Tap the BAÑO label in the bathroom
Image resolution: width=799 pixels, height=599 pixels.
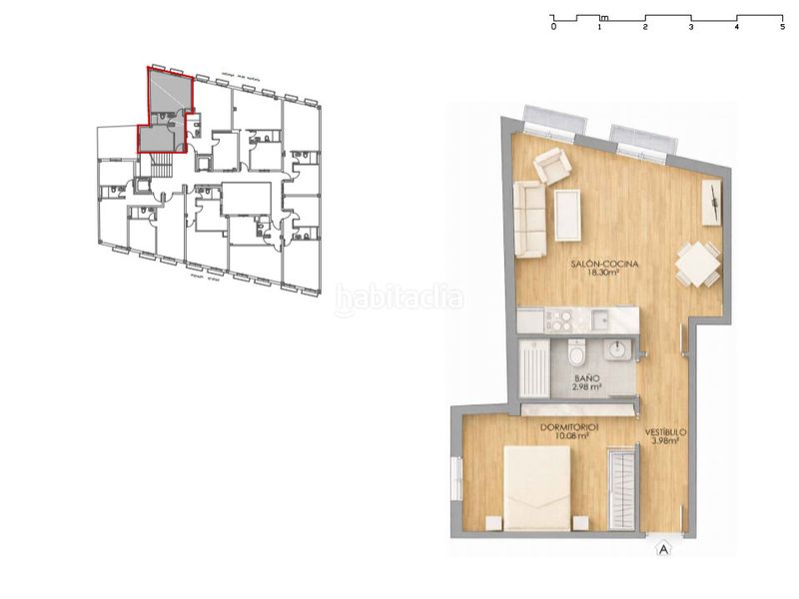tap(587, 378)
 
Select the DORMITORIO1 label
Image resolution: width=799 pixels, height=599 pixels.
tap(565, 427)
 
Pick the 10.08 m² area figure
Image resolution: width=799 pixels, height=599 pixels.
tap(564, 436)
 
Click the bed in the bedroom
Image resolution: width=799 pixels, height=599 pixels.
tap(537, 488)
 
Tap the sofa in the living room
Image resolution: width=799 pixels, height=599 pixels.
tap(530, 219)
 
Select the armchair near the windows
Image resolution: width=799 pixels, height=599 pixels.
tap(551, 166)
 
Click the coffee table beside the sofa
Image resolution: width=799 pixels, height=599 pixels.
tap(567, 215)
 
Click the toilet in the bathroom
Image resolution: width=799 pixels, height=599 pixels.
tap(576, 353)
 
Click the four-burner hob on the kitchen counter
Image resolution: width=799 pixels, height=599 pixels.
tap(559, 320)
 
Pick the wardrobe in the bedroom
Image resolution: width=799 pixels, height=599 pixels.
tap(622, 489)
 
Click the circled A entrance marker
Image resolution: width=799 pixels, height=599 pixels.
tap(661, 547)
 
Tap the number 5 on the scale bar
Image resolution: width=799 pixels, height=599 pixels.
tap(782, 28)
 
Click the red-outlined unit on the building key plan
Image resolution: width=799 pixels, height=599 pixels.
tap(166, 109)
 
